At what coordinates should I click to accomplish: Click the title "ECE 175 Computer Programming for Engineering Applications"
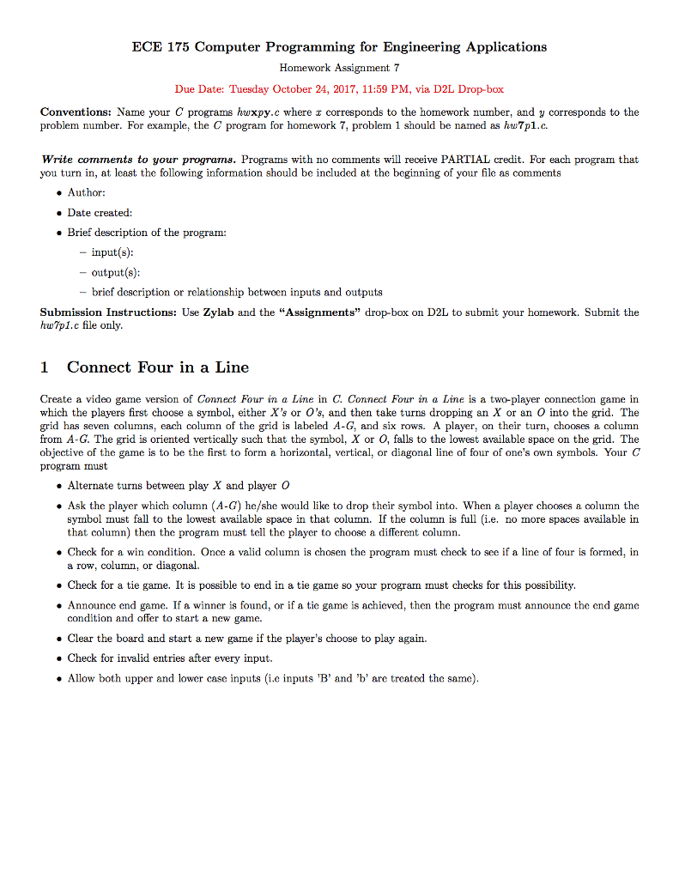pyautogui.click(x=339, y=46)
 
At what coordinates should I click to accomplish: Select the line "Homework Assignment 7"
pyautogui.click(x=339, y=67)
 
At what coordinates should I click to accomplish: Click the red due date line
pyautogui.click(x=339, y=89)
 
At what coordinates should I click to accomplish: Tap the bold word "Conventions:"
pyautogui.click(x=76, y=112)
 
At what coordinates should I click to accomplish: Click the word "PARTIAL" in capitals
pyautogui.click(x=466, y=160)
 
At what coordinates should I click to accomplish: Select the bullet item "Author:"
pyautogui.click(x=87, y=192)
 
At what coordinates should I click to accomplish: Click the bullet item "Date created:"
pyautogui.click(x=100, y=212)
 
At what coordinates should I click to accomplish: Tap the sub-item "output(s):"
pyautogui.click(x=117, y=271)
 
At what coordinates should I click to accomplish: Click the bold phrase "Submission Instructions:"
pyautogui.click(x=109, y=312)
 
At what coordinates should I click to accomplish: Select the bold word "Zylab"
pyautogui.click(x=219, y=312)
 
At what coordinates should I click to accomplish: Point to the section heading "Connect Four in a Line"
pyautogui.click(x=158, y=367)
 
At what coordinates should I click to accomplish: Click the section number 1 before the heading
pyautogui.click(x=45, y=367)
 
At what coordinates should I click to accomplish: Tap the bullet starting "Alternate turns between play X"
pyautogui.click(x=179, y=485)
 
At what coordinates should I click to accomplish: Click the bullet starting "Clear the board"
pyautogui.click(x=247, y=639)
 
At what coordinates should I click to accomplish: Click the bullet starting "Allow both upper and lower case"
pyautogui.click(x=274, y=678)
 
